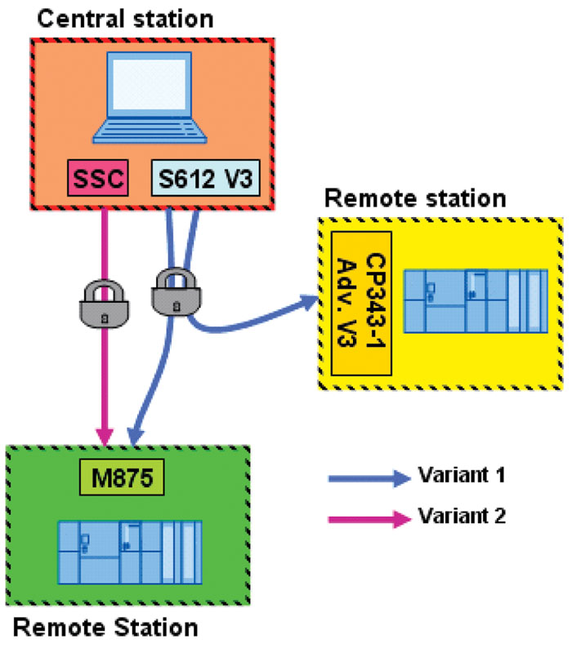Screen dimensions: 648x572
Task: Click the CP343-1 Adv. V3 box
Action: pyautogui.click(x=363, y=303)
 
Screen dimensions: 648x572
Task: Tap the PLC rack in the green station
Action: pyautogui.click(x=128, y=551)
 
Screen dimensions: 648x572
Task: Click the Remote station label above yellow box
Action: pyautogui.click(x=415, y=198)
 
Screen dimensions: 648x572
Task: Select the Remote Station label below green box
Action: pyautogui.click(x=106, y=628)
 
